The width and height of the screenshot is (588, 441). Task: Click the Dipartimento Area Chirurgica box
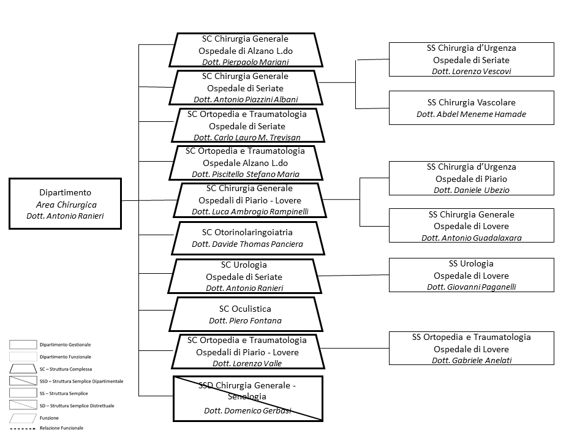click(x=66, y=203)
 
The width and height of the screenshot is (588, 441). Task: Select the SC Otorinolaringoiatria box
click(x=248, y=238)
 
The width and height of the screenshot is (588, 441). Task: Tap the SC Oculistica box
click(x=246, y=314)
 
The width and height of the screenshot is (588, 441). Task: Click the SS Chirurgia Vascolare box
click(x=472, y=108)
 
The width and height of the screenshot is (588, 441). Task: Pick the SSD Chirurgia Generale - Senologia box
click(x=248, y=399)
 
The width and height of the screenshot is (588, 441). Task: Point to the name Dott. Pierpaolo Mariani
click(x=246, y=62)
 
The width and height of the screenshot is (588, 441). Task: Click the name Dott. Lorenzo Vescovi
click(x=472, y=71)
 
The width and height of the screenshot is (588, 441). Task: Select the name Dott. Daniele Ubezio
click(x=472, y=190)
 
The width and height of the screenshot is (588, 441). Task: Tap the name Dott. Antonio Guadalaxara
click(x=472, y=238)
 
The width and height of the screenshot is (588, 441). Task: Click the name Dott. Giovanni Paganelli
click(x=472, y=287)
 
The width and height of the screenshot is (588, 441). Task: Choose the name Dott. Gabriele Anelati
click(x=472, y=360)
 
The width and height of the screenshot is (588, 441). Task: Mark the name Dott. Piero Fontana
click(x=245, y=320)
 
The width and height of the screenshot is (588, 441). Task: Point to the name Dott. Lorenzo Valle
click(x=247, y=363)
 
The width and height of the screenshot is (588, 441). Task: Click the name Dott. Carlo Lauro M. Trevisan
click(x=247, y=137)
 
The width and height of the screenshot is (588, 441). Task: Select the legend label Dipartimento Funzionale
click(x=66, y=356)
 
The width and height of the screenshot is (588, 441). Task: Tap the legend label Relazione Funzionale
click(x=61, y=428)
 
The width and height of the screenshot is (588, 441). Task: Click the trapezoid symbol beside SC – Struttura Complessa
click(x=23, y=369)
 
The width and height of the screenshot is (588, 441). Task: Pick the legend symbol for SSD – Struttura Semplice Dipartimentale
click(x=23, y=380)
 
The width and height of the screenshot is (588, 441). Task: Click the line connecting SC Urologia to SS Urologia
click(x=353, y=275)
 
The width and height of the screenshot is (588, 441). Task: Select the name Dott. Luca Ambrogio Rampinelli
click(x=250, y=211)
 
